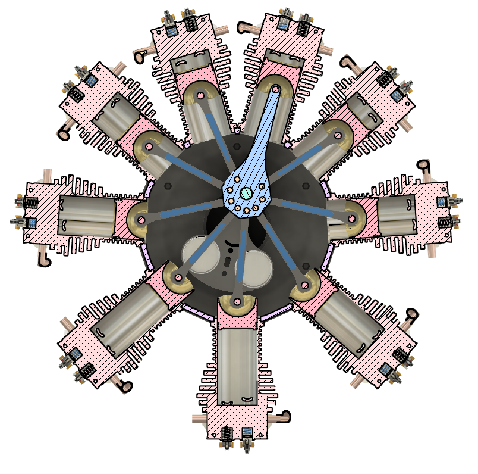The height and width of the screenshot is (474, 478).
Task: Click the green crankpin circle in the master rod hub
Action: [x=246, y=192]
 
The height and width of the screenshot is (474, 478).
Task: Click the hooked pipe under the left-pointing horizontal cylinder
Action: [x=43, y=259]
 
